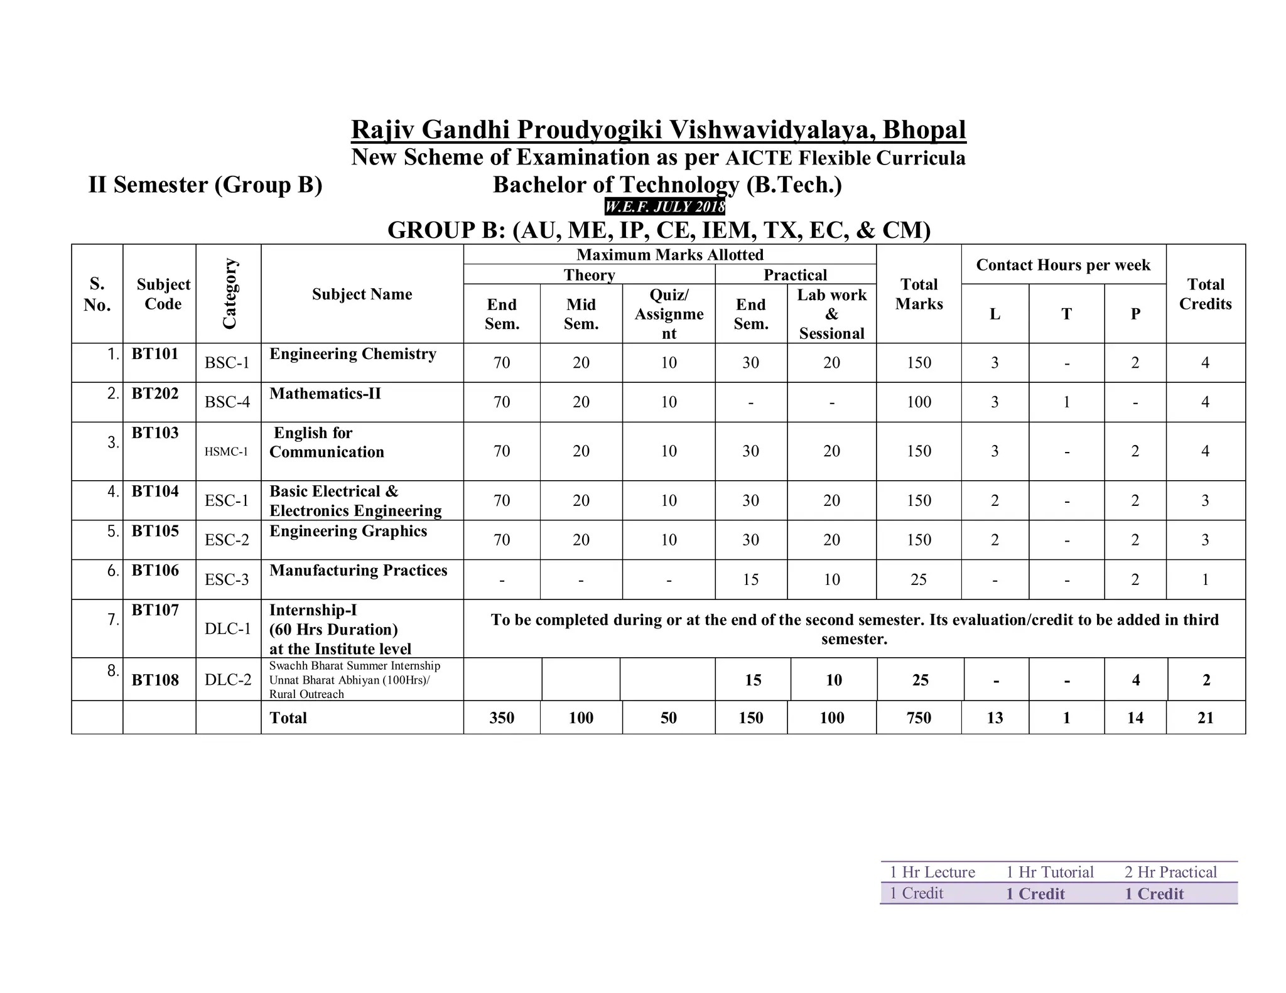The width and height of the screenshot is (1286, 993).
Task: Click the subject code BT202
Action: click(154, 394)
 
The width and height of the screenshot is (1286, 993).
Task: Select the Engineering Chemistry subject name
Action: click(352, 354)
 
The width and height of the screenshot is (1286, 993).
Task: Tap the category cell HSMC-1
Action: click(226, 452)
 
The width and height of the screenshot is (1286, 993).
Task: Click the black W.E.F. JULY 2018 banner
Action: click(664, 207)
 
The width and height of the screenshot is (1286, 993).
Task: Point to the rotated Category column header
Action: click(229, 293)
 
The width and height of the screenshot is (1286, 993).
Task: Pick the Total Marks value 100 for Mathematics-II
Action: click(918, 402)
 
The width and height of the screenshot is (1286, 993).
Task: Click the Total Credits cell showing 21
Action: click(1205, 718)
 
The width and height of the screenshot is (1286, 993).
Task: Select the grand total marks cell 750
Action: click(918, 718)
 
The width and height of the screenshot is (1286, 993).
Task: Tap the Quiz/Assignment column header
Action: click(668, 314)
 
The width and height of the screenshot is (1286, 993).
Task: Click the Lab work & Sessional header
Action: click(831, 314)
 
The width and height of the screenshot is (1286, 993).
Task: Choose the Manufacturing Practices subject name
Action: click(358, 571)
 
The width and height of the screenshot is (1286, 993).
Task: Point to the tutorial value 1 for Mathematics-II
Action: click(1066, 402)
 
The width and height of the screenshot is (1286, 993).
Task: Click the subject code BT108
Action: click(154, 680)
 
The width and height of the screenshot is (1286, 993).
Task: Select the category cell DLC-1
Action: click(227, 630)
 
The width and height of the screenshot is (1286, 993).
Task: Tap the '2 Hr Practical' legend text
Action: click(1170, 872)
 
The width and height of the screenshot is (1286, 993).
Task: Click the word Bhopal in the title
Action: click(924, 130)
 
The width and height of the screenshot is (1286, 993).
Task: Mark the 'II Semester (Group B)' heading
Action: click(205, 185)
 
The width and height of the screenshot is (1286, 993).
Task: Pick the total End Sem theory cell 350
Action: click(501, 718)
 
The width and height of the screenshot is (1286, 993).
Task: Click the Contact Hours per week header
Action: click(1062, 265)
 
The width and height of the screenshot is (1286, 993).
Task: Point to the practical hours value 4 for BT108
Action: click(1135, 680)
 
